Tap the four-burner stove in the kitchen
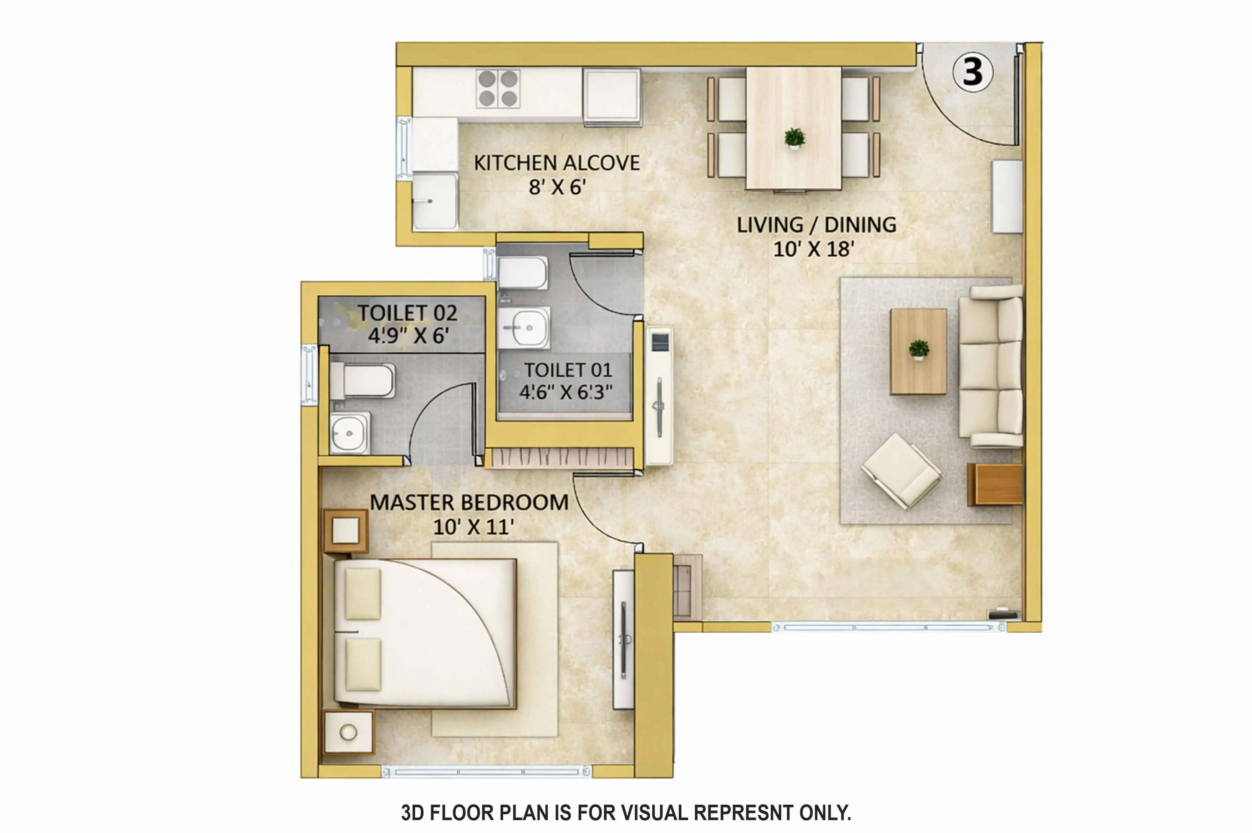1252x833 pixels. point(498,88)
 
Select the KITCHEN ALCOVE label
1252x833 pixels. point(557,163)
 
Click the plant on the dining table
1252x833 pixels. point(794,139)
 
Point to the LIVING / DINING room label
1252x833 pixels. point(816,225)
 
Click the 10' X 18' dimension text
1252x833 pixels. point(814,249)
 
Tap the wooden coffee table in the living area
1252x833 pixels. point(918,352)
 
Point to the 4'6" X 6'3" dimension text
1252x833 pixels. point(566,392)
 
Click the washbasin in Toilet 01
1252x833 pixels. point(523,328)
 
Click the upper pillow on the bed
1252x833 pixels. point(363,594)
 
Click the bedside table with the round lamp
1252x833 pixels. point(349,732)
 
